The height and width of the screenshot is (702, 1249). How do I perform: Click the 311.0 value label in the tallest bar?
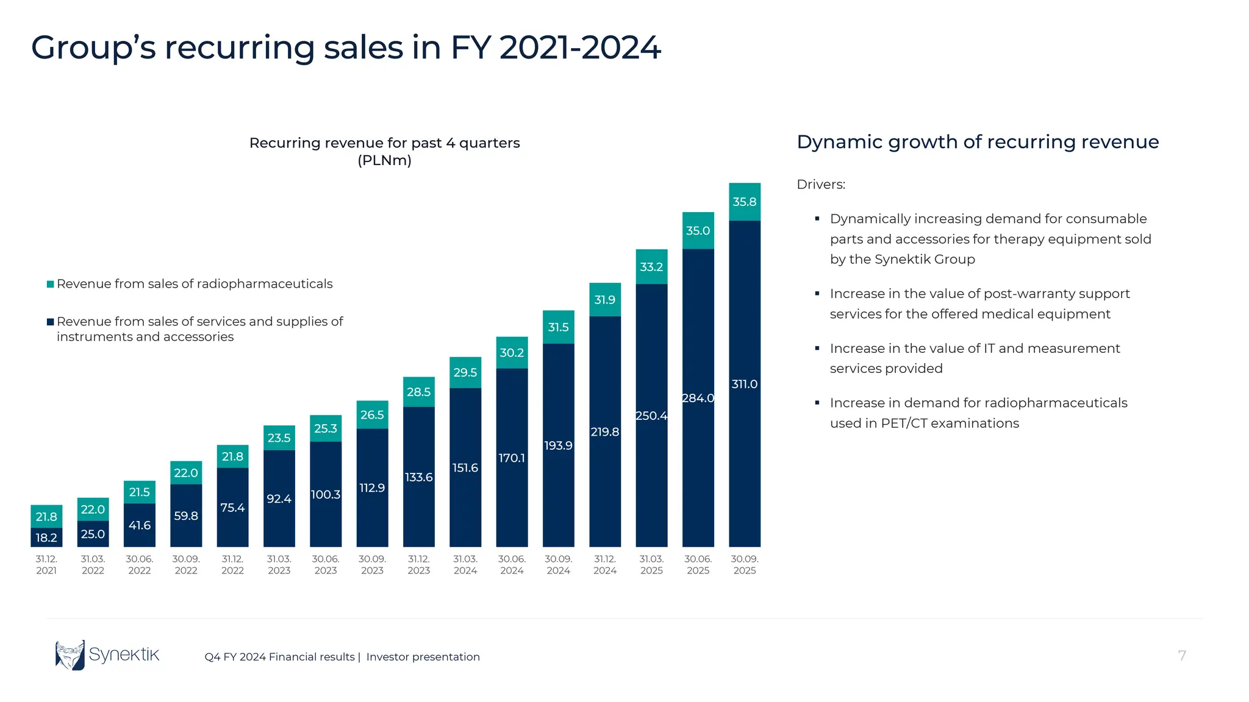coord(744,385)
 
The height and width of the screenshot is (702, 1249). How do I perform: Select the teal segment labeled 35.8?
coord(744,202)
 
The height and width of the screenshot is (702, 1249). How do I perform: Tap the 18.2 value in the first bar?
coord(46,537)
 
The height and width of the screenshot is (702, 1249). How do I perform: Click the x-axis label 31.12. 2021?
coord(46,565)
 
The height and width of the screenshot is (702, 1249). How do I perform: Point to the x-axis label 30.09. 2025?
coord(744,565)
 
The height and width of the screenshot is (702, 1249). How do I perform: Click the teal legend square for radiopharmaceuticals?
coord(51,285)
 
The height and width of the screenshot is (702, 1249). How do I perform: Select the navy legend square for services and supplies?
coord(51,322)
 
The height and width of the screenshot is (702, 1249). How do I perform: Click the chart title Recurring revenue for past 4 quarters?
coord(384,143)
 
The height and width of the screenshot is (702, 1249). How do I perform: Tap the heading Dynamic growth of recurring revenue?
coord(977,142)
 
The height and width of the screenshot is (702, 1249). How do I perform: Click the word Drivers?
coord(820,185)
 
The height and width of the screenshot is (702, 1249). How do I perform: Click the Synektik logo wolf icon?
coord(70,656)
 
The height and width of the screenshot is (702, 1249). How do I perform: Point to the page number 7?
coord(1181,656)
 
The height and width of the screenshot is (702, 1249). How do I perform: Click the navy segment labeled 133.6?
coord(418,477)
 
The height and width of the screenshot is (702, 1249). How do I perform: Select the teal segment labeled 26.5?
coord(372,415)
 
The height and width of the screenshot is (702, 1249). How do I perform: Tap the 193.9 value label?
coord(558,445)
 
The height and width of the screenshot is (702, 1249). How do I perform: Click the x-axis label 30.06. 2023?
coord(325,565)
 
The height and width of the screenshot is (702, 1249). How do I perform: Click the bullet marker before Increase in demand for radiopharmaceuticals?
coord(817,403)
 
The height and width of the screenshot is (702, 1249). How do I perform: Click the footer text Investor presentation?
coord(423,657)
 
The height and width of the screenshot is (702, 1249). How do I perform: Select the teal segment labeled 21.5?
coord(139,492)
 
